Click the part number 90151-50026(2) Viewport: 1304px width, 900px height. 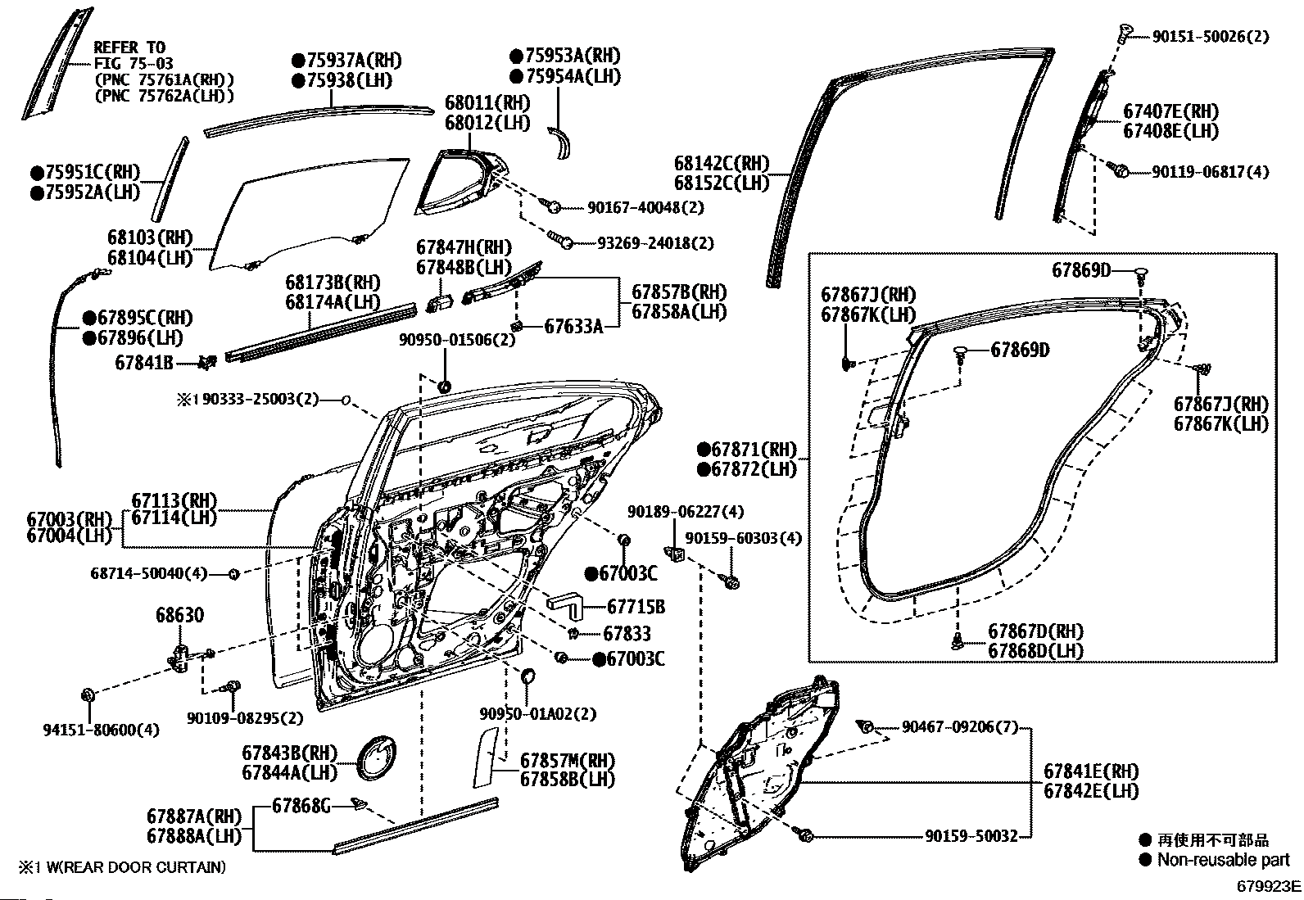coord(1211,37)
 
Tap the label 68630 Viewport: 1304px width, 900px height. coord(180,615)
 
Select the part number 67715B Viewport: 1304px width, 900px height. coord(636,607)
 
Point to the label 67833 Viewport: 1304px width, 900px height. coord(627,633)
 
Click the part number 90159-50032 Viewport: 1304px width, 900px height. coord(971,836)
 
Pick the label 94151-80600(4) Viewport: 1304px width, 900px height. coord(102,730)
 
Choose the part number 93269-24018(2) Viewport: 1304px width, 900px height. coord(655,242)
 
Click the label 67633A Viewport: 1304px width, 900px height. coord(573,327)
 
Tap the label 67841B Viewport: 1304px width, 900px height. coord(144,363)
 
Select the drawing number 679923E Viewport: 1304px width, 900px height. coord(1269,886)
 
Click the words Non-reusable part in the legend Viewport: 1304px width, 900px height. coord(1223,860)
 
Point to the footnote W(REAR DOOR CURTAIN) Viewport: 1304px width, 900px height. coord(136,867)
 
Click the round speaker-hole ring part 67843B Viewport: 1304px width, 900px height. coord(375,758)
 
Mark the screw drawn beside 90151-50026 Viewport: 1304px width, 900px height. coord(1125,33)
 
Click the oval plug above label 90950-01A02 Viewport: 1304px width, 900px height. coord(528,676)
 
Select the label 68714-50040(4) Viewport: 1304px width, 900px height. coord(149,573)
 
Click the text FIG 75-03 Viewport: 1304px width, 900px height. coord(134,63)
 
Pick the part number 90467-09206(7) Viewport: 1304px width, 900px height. coord(960,727)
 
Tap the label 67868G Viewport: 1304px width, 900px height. coord(301,806)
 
